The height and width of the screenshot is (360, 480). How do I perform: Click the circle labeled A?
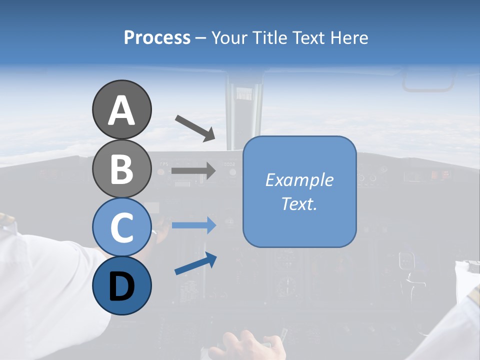tap(121, 109)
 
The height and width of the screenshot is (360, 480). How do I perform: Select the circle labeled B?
tap(121, 168)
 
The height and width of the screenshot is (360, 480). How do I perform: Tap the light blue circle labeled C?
tap(121, 227)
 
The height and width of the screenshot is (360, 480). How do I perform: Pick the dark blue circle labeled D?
tap(121, 285)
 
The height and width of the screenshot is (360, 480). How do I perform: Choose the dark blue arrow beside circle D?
tap(195, 264)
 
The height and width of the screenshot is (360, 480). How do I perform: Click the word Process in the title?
tap(157, 37)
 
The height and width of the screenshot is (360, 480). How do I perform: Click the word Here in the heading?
tap(350, 37)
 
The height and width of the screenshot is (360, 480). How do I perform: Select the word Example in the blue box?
tap(299, 180)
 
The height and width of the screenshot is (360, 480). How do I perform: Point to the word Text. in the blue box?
tap(299, 203)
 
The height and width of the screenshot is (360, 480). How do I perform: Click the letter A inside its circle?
tap(121, 110)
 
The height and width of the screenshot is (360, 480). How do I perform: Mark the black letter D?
tap(121, 286)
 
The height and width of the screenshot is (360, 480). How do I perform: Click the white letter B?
tap(121, 169)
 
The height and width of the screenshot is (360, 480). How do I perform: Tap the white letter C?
tap(121, 227)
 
